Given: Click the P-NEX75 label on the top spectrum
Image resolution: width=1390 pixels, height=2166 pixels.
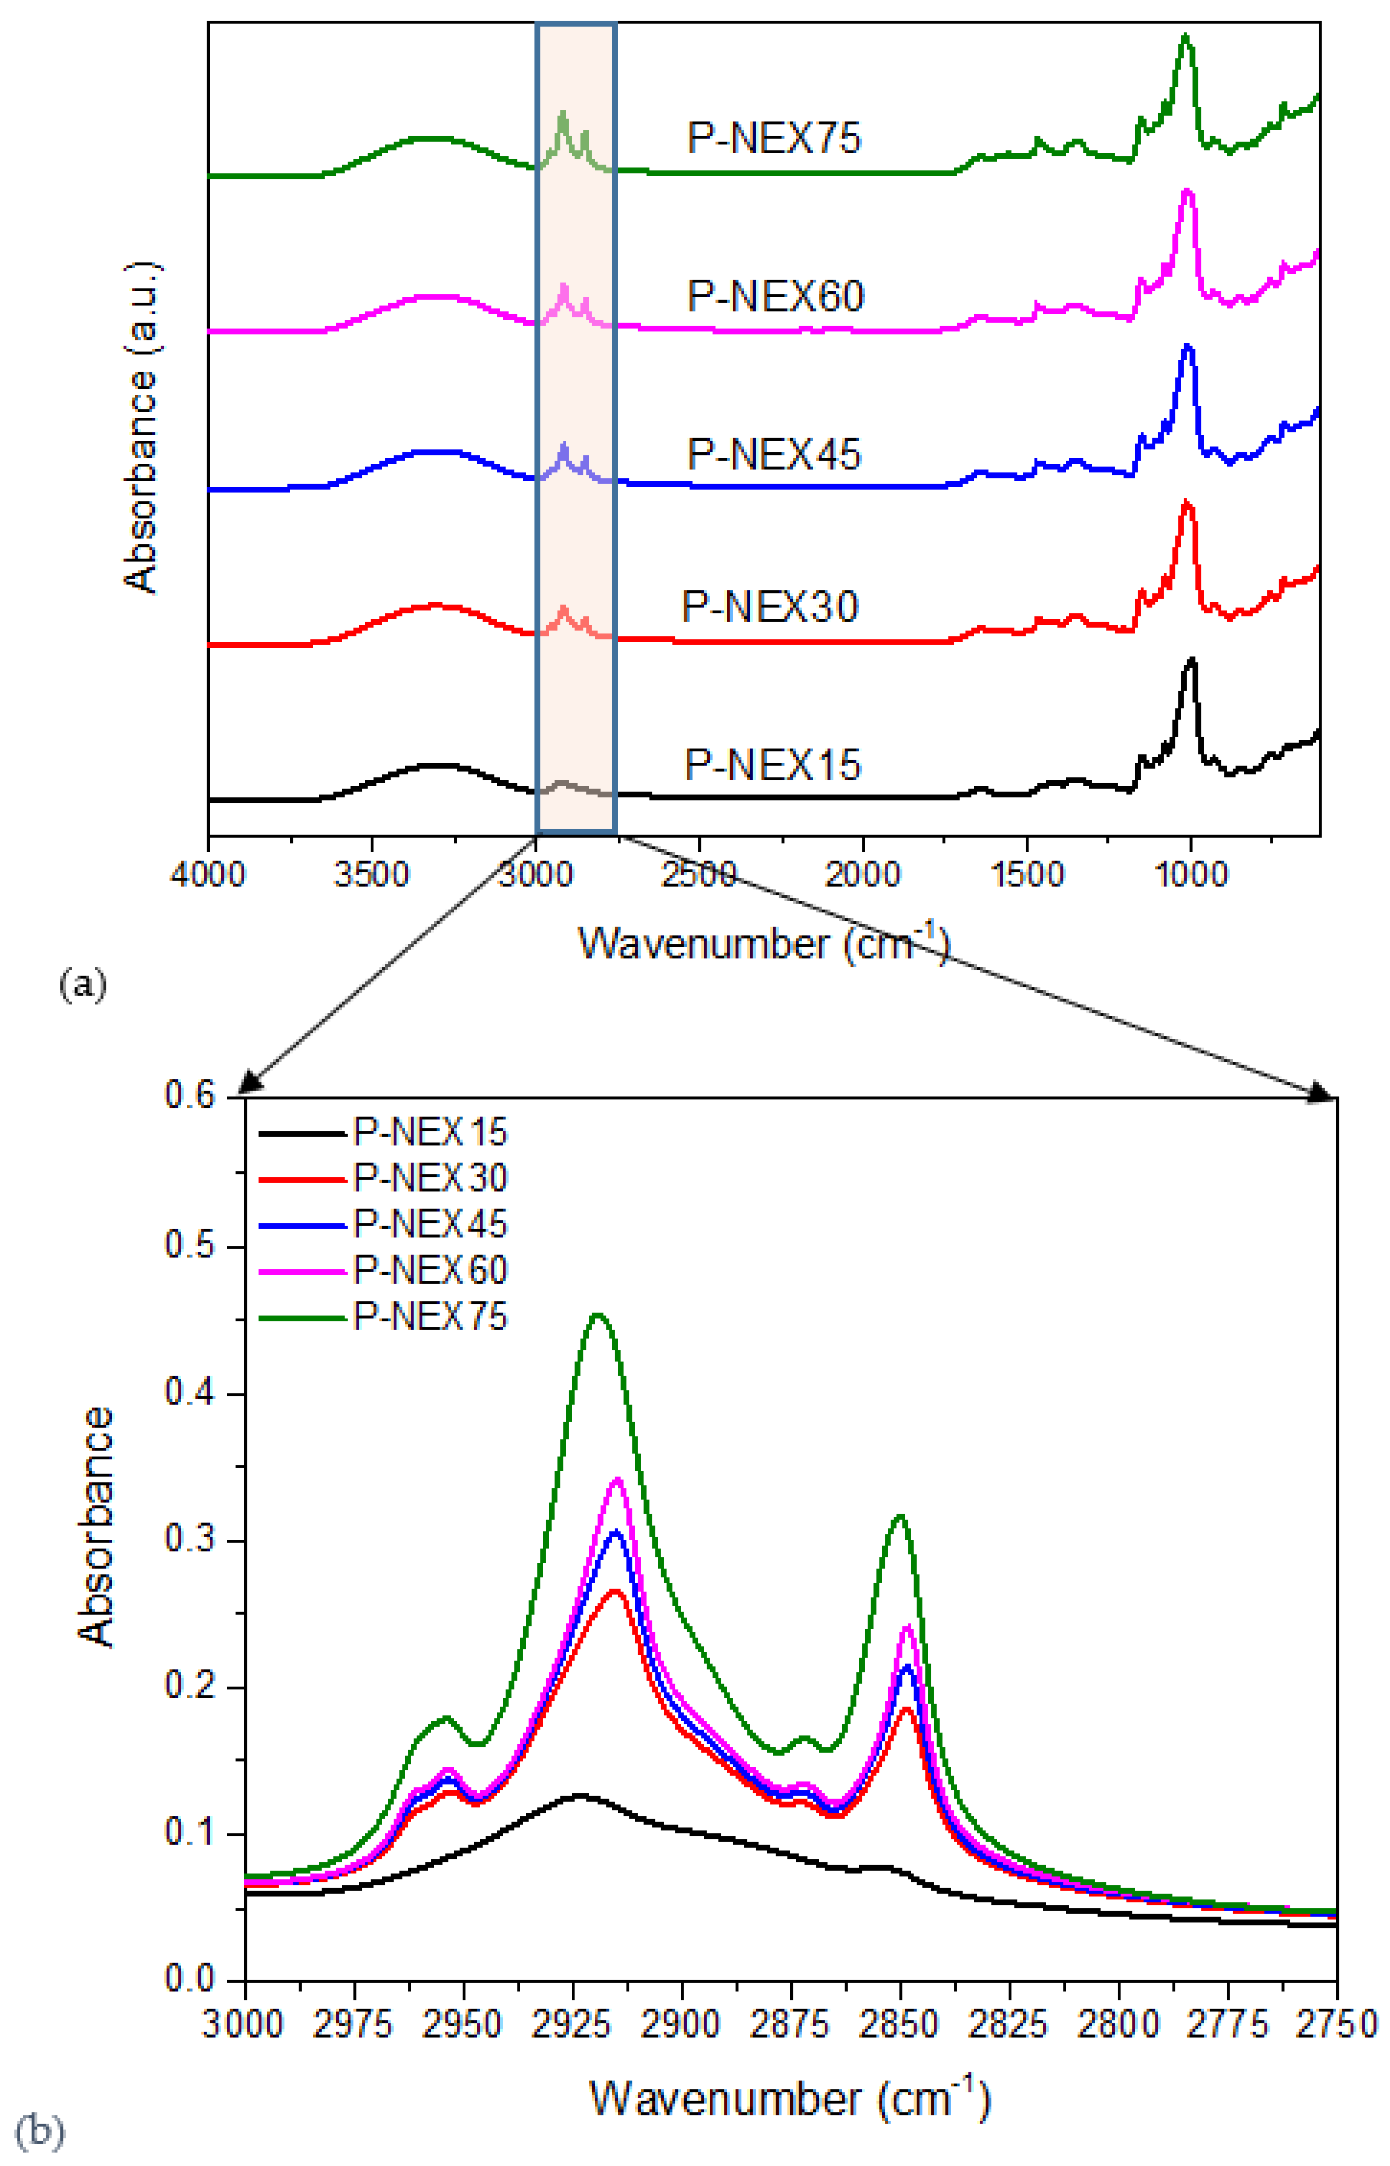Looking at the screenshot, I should point(774,138).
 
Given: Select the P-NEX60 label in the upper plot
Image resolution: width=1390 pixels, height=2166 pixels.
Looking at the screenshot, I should point(775,296).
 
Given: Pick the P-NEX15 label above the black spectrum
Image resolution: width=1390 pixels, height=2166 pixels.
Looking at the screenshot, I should point(773,765).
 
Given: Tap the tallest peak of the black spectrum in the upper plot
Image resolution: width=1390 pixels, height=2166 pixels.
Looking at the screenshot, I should point(1191,660).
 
